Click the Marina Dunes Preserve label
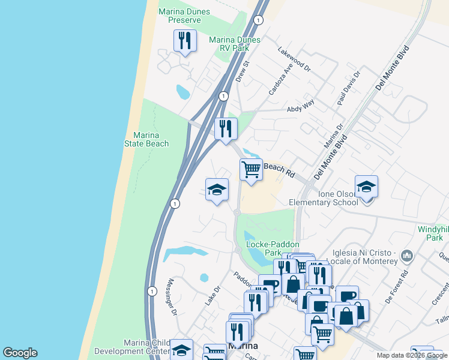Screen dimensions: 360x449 tap(180, 16)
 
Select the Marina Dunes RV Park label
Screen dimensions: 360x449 tap(235, 44)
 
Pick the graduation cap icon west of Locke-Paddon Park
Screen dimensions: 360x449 tap(217, 190)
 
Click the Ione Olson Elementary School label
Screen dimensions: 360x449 tap(324, 198)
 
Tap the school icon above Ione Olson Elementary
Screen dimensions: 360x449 tap(366, 187)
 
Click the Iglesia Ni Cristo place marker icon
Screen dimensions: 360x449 tap(407, 256)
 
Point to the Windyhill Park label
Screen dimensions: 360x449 tap(433, 233)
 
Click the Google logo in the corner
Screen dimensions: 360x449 tap(20, 353)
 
